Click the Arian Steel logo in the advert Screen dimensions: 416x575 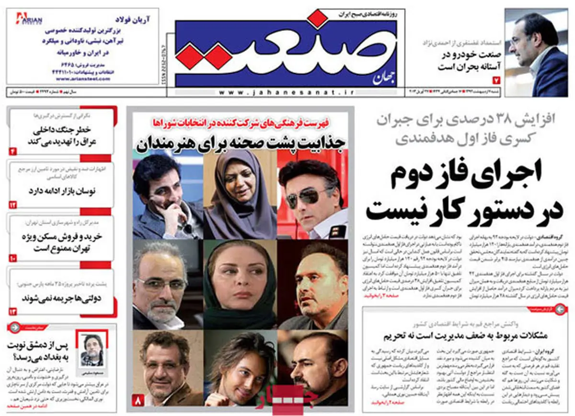point(29,19)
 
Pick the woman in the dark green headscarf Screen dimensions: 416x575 point(240,285)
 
